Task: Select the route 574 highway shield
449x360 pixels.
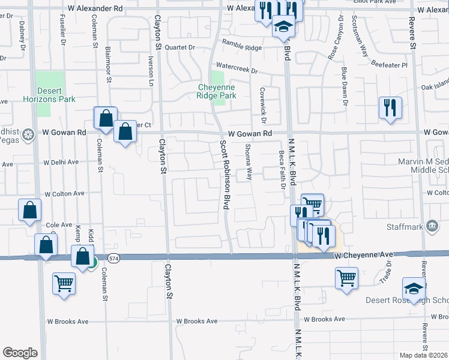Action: [113, 258]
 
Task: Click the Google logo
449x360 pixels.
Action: [20, 353]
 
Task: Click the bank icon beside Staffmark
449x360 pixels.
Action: [431, 225]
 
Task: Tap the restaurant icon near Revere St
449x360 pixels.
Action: [390, 107]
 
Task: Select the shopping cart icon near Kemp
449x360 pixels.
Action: [64, 283]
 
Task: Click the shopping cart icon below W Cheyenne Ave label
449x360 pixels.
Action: [346, 278]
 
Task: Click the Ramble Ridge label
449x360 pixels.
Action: [242, 43]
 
